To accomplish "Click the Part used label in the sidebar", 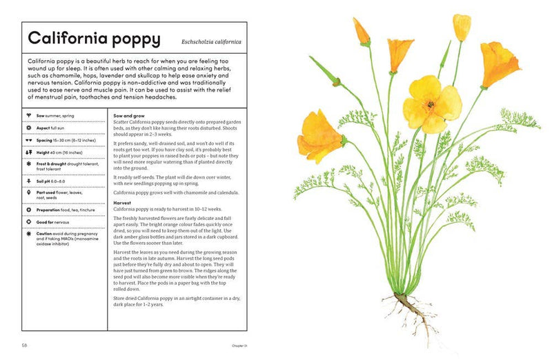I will coord(45,193).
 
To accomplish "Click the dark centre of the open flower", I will coord(429,105).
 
